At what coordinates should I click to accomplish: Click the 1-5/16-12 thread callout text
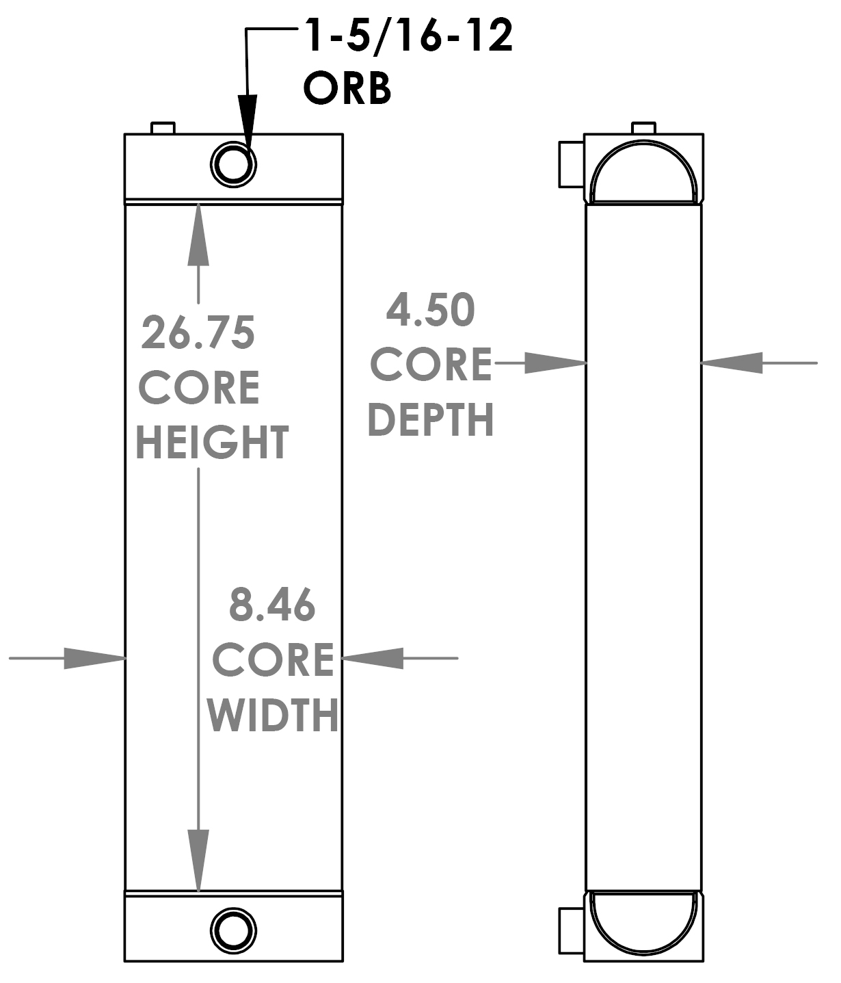409,37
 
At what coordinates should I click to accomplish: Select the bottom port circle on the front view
233,930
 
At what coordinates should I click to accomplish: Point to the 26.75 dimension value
198,333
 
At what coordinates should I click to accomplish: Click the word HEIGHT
213,443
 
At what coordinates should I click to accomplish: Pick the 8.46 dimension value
272,605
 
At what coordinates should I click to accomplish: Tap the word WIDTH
273,715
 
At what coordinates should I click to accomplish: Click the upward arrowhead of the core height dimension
198,233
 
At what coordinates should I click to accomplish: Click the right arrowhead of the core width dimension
373,658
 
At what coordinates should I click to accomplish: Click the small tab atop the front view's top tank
163,128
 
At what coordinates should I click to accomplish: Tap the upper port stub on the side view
572,164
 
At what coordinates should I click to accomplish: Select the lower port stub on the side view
572,931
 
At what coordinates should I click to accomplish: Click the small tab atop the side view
644,128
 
